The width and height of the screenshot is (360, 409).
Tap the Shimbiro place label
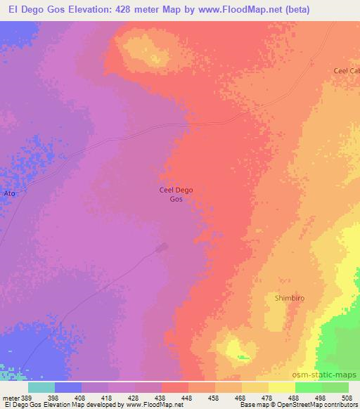click(288, 299)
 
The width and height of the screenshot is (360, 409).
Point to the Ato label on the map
click(10, 193)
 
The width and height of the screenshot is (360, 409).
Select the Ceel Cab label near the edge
click(346, 71)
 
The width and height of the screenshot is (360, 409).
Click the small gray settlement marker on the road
click(162, 247)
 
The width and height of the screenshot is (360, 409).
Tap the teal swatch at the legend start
click(41, 387)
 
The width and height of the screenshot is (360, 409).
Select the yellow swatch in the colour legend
click(282, 387)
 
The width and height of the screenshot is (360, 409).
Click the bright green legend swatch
click(308, 387)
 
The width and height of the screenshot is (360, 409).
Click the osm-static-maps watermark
click(331, 375)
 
